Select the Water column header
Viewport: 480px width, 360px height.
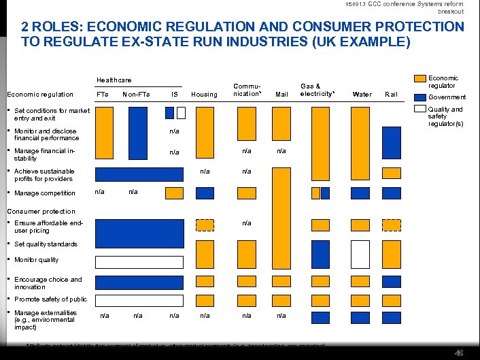click(362, 94)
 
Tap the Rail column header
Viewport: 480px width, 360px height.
click(391, 94)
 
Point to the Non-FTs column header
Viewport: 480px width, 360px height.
click(136, 94)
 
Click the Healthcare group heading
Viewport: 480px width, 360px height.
click(114, 80)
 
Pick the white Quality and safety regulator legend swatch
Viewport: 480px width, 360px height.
click(420, 108)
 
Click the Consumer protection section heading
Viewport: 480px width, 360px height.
click(41, 211)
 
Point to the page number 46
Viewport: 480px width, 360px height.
click(459, 353)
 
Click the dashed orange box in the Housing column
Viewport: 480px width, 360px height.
click(205, 225)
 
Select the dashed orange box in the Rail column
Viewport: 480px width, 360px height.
click(391, 225)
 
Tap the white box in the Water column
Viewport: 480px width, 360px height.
click(360, 254)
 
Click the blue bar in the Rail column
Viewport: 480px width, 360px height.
click(391, 142)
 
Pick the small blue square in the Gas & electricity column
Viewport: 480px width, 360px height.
click(325, 193)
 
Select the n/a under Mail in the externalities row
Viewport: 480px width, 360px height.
click(281, 316)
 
